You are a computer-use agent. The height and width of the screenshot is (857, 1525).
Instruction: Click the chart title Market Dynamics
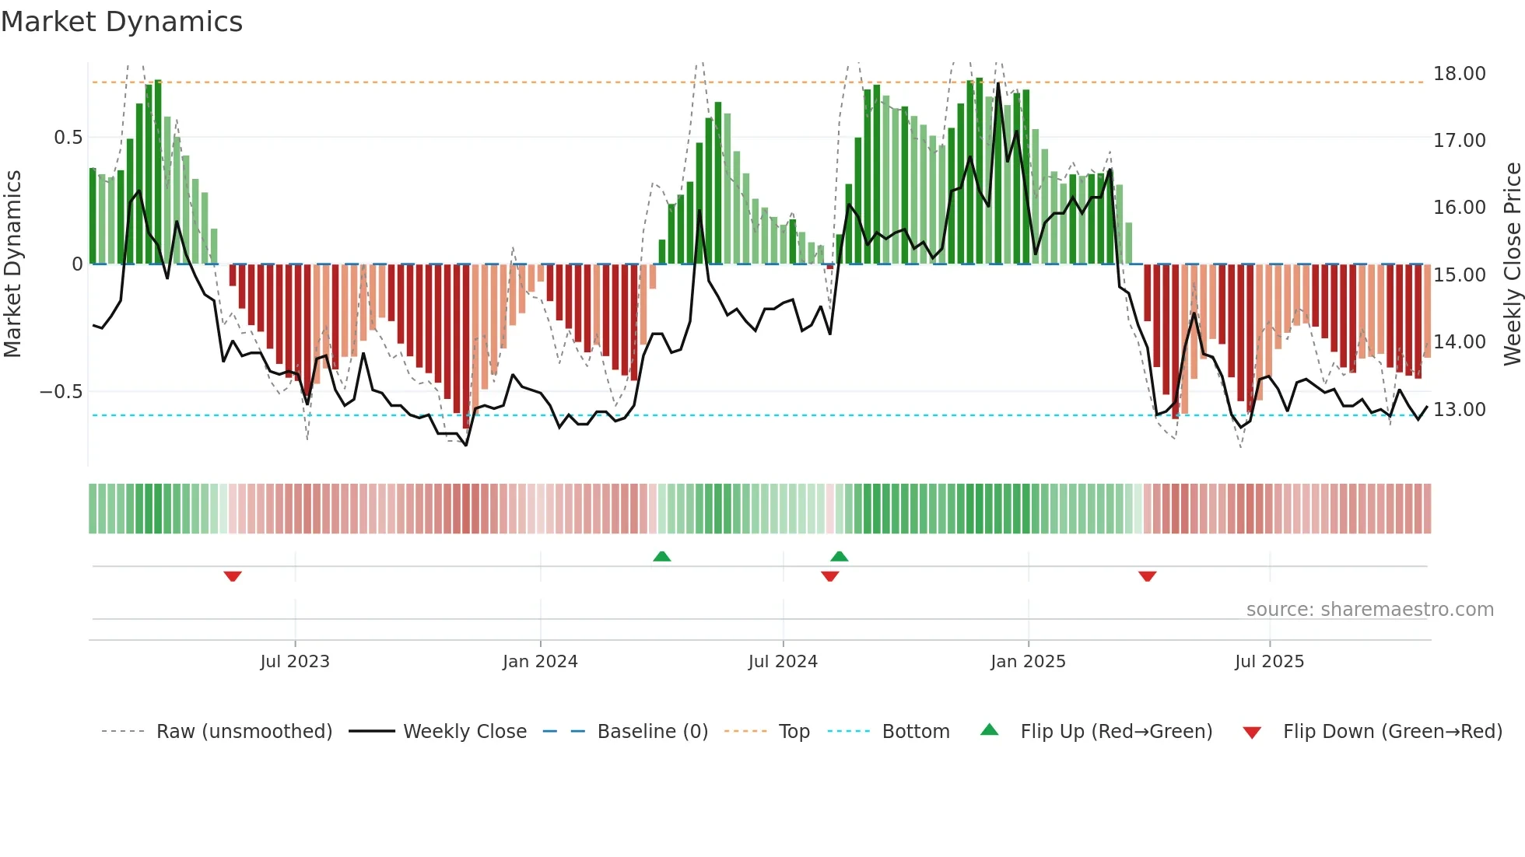tap(121, 22)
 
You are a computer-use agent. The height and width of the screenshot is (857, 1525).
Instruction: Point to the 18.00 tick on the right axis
tap(1459, 74)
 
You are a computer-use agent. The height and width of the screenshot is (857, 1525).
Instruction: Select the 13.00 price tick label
tap(1459, 410)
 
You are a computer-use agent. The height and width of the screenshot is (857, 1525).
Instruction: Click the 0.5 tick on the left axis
tap(68, 138)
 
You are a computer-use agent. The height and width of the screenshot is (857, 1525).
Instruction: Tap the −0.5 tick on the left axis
tap(61, 392)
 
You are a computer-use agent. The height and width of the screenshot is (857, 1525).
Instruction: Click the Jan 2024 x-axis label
tap(540, 662)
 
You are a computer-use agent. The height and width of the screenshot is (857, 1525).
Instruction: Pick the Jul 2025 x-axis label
tap(1269, 662)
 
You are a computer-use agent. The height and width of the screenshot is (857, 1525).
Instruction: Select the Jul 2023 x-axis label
tap(295, 662)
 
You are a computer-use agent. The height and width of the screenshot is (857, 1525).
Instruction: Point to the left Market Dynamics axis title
tap(12, 264)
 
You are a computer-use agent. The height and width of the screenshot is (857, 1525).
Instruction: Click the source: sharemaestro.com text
tap(1369, 610)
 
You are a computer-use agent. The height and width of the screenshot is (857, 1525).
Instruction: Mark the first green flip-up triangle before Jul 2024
tap(662, 557)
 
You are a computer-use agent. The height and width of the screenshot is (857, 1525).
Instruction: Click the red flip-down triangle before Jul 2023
tap(233, 576)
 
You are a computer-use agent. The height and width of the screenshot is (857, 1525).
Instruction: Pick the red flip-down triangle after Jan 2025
tap(1147, 576)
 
